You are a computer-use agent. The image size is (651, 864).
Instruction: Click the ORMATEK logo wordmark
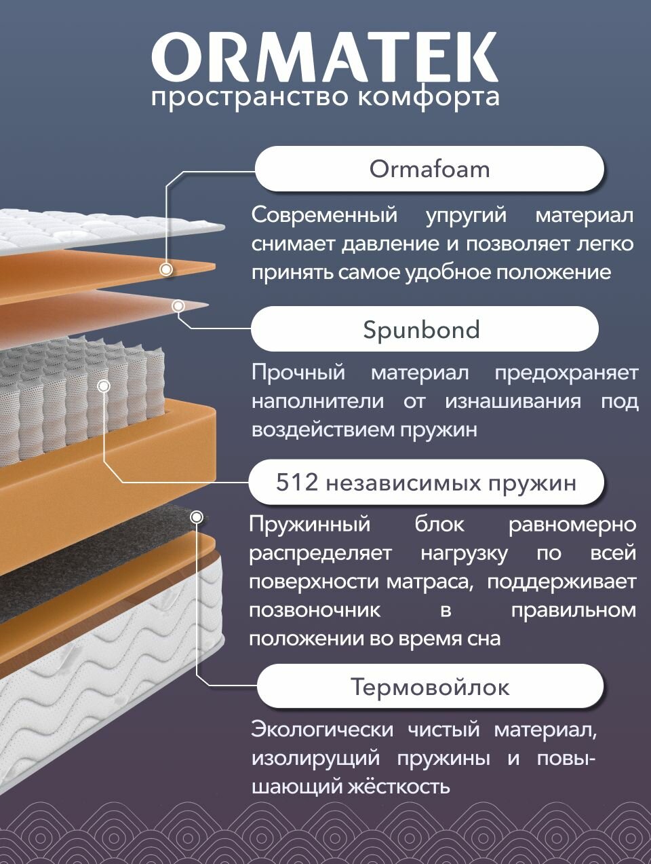pos(325,57)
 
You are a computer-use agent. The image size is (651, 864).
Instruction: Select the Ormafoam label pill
pos(429,169)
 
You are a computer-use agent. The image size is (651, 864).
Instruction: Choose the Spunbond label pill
pos(424,329)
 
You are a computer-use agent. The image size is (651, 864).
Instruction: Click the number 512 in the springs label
pos(296,483)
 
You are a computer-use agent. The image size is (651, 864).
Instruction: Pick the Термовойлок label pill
pos(429,687)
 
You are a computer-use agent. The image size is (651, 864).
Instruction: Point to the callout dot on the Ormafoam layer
pos(165,269)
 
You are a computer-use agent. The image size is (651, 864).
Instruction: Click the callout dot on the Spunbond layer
pos(178,307)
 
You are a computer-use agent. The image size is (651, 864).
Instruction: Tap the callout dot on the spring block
pos(104,386)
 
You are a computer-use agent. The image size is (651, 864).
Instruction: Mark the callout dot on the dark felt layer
pos(197,517)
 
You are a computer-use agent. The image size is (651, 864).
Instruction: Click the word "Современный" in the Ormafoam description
pos(324,215)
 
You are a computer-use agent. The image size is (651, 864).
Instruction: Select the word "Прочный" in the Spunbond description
pos(298,373)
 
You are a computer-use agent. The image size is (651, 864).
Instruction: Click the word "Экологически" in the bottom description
pos(321,730)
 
